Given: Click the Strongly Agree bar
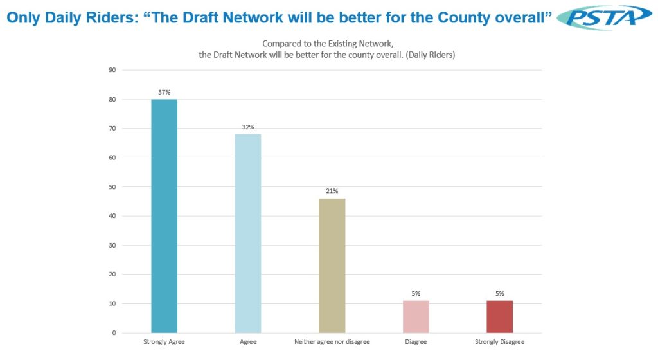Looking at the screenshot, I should point(164,216).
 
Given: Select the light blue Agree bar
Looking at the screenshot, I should point(248,233).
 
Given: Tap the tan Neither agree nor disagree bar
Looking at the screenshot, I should point(332,265).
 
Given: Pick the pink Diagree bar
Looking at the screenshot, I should point(416,316).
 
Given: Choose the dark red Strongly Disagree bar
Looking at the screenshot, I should point(499,316).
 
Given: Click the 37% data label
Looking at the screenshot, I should point(164,92).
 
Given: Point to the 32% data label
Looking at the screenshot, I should point(248,127).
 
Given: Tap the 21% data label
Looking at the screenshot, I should point(332,191).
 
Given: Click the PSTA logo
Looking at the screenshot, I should point(605,17).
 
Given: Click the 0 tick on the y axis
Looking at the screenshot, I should point(114,333).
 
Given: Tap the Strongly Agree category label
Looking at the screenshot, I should point(164,342).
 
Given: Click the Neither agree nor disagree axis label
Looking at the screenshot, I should point(332,342).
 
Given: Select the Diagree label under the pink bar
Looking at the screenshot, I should point(416,342).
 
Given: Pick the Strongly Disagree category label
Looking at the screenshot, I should point(499,342).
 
